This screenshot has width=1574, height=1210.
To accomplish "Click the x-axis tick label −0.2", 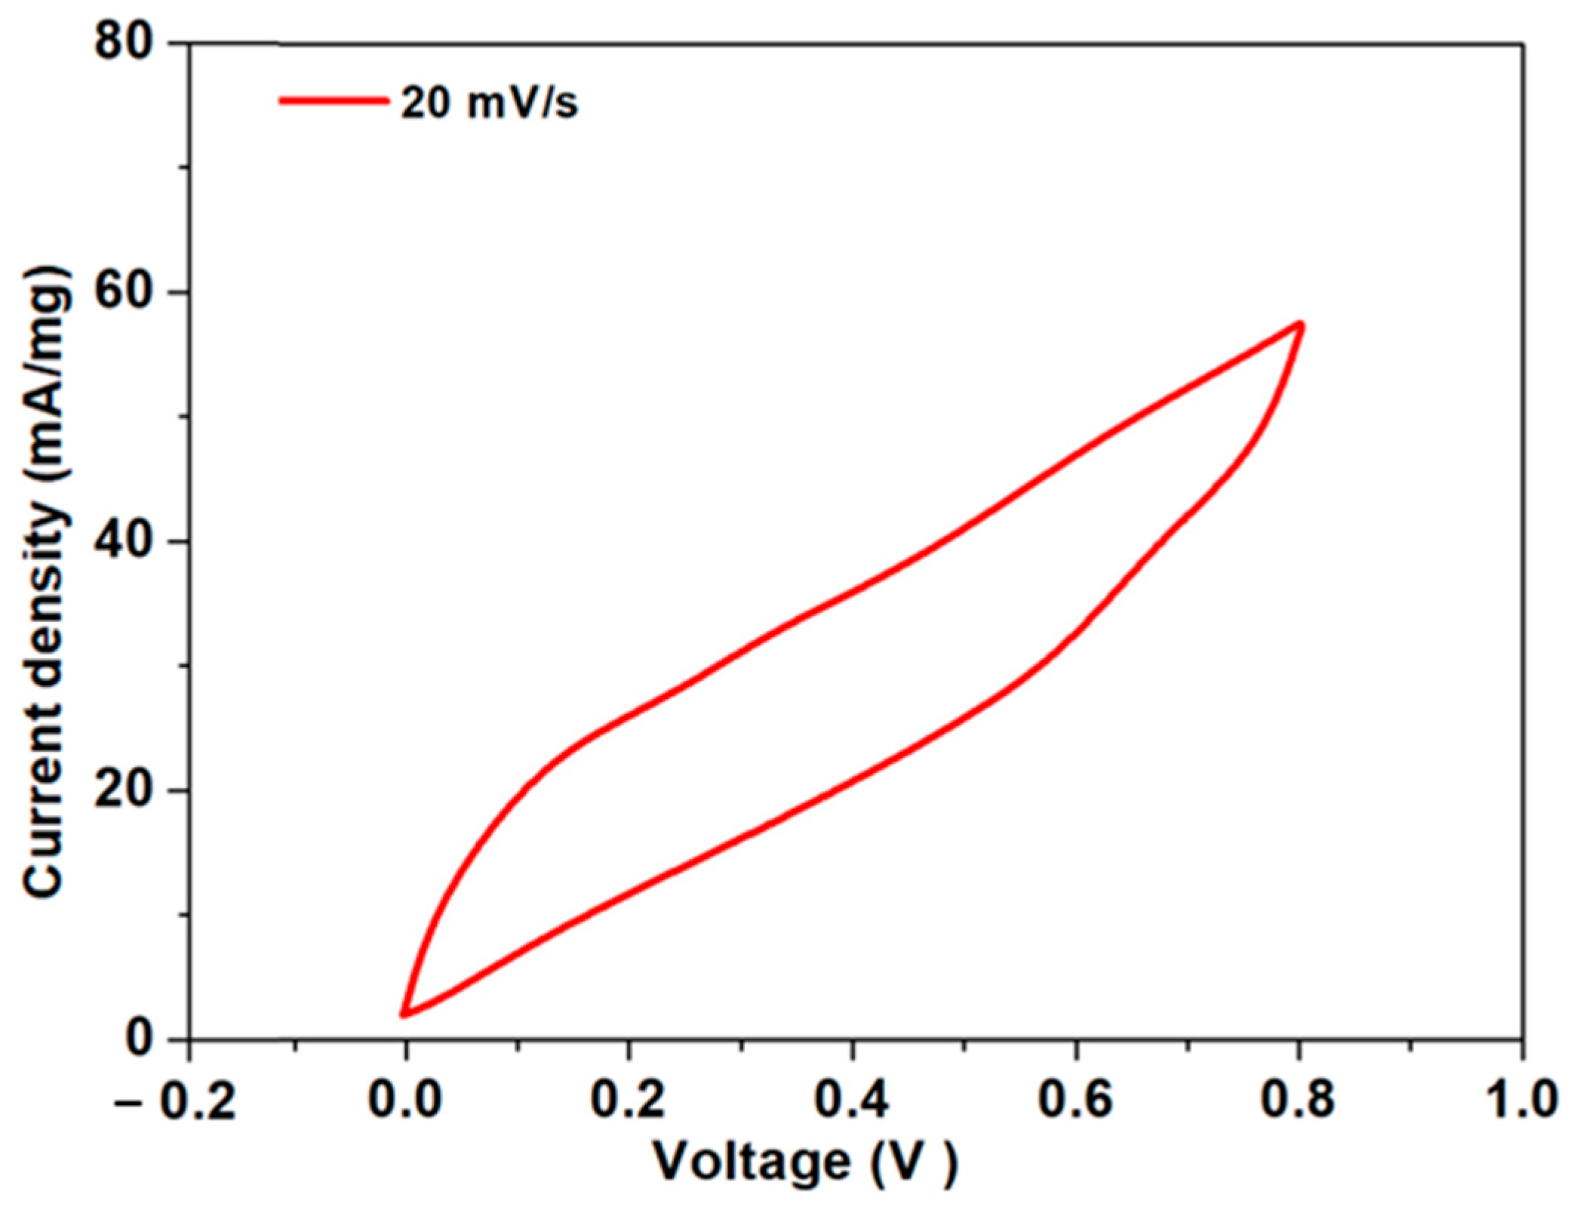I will [x=176, y=1101].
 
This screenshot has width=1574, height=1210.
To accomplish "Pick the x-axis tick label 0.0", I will [x=404, y=1101].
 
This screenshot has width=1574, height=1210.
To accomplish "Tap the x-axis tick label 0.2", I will [x=628, y=1101].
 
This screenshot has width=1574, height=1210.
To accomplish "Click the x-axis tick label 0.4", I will [x=852, y=1101].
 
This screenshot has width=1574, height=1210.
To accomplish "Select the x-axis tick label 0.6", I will [x=1076, y=1101].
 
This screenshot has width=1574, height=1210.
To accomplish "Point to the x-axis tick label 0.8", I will [x=1298, y=1101].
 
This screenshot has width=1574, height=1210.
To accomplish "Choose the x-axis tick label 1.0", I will [x=1520, y=1101].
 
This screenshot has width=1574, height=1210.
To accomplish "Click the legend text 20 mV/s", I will [x=489, y=102].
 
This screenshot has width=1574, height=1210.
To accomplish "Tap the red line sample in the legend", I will [x=332, y=100].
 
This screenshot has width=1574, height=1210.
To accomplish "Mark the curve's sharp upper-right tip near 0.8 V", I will [x=1300, y=325].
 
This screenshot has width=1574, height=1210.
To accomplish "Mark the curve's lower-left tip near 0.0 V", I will [x=404, y=1014].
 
